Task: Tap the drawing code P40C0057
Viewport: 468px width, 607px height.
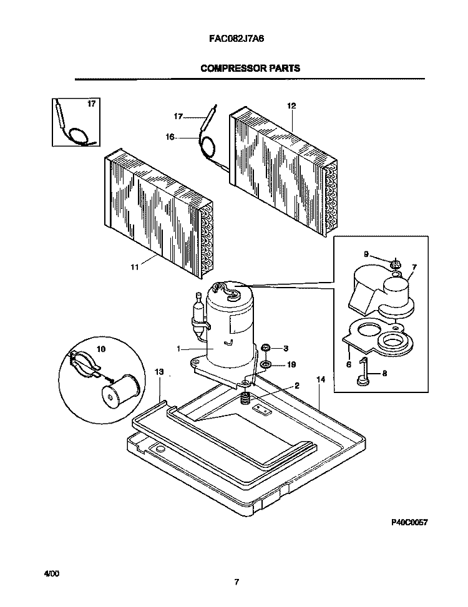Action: point(409,522)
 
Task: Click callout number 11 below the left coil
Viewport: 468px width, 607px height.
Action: point(134,267)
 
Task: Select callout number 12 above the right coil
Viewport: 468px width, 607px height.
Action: point(291,105)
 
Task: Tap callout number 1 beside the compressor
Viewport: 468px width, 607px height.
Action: point(178,349)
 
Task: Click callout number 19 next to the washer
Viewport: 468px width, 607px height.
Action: point(291,364)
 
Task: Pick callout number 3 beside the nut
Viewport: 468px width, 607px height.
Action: point(286,348)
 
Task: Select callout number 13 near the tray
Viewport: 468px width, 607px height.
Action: point(159,372)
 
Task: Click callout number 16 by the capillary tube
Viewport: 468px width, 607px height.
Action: point(170,137)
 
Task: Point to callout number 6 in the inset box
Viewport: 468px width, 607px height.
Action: point(349,364)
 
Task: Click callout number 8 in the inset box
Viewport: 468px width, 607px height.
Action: point(384,374)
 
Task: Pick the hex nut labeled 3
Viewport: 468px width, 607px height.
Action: point(266,347)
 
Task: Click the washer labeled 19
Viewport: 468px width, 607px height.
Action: point(266,364)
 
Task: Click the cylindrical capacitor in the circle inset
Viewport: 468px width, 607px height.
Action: point(120,390)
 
